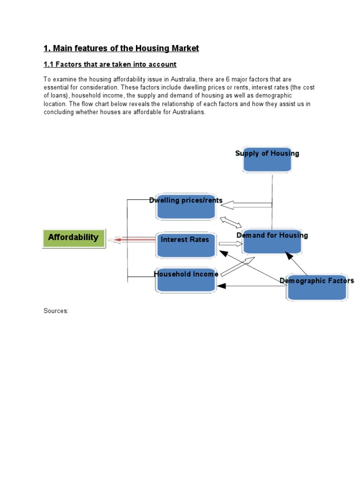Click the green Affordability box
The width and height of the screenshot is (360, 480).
coord(74,238)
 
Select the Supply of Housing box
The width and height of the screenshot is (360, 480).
coord(267,159)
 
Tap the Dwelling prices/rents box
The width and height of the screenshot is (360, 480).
coord(186,207)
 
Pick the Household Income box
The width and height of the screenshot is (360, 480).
coord(186,280)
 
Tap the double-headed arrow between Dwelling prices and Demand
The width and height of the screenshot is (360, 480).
coord(231,221)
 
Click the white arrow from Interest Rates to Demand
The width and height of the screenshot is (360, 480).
coord(229,244)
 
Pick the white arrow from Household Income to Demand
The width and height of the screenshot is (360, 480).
coord(237,266)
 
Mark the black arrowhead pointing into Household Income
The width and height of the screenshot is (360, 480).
coord(222,286)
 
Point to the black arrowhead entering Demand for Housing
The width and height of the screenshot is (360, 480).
coord(289,256)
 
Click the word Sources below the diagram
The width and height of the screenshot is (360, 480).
coord(56,311)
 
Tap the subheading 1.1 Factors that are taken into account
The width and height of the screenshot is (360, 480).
coord(110,64)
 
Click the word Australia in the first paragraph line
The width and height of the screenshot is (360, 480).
coord(180,80)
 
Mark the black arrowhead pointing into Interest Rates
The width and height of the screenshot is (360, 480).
coord(223,254)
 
